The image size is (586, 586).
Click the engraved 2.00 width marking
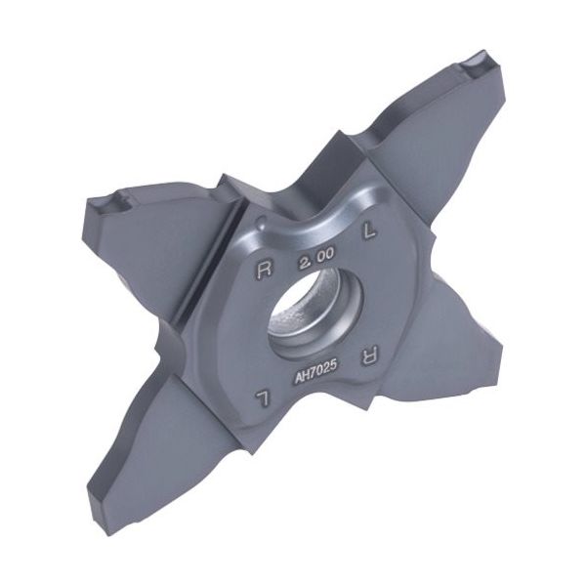pos(315,259)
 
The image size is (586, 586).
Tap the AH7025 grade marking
pos(316,371)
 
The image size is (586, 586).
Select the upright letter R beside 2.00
pos(265,270)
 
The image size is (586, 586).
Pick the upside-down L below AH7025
pos(262,398)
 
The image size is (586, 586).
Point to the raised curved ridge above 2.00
pos(317,221)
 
